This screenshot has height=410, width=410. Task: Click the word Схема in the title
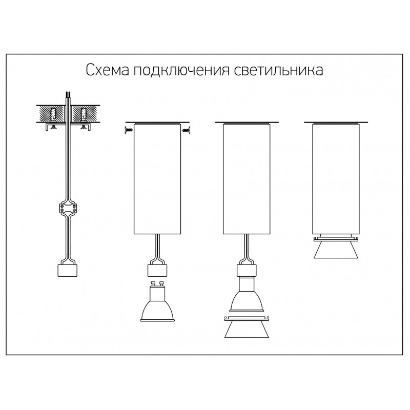coord(108,70)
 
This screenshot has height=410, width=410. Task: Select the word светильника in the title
coord(278,70)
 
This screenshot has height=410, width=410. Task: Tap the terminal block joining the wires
coord(68,209)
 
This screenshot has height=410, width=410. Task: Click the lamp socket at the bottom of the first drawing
coord(67,270)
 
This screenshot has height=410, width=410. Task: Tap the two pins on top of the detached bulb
coord(157,283)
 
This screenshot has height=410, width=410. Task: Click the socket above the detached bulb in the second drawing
coord(157,271)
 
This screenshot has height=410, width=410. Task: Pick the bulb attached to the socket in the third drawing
coord(247,294)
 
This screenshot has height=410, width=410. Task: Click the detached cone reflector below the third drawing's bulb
coord(247,327)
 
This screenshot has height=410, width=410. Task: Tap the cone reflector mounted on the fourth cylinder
coord(336,247)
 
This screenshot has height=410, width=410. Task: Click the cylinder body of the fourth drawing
coord(336,179)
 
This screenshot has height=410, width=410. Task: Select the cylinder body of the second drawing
coord(157,179)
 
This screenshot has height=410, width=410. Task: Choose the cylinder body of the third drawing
coord(247,179)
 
